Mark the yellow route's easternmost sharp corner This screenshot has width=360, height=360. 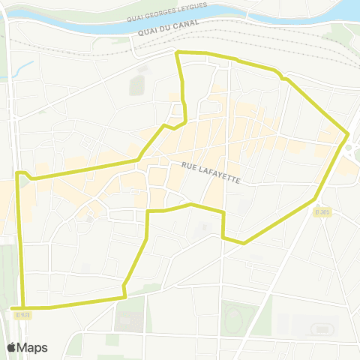click(347, 134)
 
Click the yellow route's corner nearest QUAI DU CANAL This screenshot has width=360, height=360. click(177, 52)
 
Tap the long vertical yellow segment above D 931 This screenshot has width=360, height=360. click(20, 240)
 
